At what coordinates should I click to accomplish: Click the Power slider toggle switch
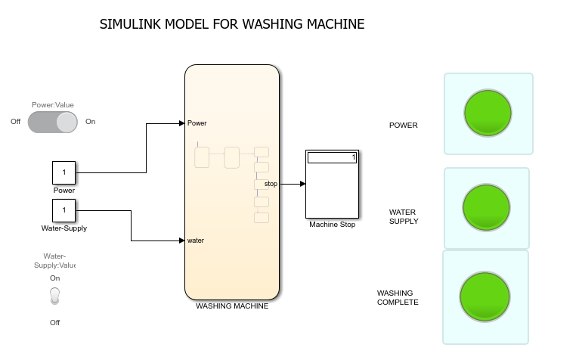pos(53,122)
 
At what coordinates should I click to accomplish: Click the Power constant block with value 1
pos(63,173)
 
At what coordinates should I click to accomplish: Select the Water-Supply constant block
pos(63,210)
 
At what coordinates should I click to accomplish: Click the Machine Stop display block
pos(332,184)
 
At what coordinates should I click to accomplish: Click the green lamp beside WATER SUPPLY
pos(486,206)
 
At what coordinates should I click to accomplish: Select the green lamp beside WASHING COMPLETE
pos(484,297)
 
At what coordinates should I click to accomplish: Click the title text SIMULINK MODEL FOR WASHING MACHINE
pos(232,24)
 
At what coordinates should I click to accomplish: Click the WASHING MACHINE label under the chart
pos(232,306)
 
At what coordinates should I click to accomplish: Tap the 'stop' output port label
pos(271,184)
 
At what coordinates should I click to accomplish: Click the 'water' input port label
pos(196,241)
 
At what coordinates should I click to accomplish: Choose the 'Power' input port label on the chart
pos(197,123)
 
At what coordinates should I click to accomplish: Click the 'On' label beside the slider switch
pos(91,122)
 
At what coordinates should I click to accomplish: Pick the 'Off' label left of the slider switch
pos(16,122)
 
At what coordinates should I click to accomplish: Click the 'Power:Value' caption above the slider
pos(53,105)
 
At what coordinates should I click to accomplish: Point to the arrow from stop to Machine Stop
pos(293,184)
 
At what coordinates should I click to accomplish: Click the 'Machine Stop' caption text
pos(332,224)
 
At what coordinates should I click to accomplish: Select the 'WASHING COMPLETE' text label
pos(398,297)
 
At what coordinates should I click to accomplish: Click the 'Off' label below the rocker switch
pos(54,323)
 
